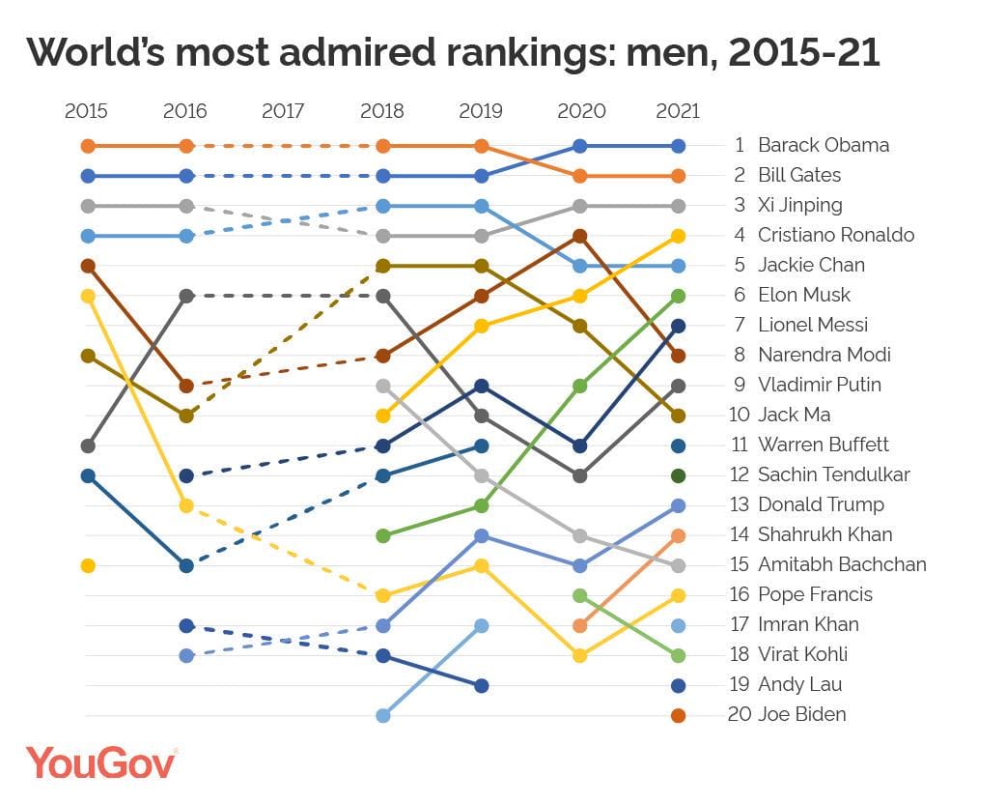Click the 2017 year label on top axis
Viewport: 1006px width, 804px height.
[x=283, y=111]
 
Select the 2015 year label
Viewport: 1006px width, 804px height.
[x=87, y=111]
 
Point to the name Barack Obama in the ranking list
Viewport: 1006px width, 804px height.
[x=823, y=145]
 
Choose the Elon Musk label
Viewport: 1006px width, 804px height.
[x=803, y=295]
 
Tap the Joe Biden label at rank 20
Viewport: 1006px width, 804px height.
[x=801, y=714]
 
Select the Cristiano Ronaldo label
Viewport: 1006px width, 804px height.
[x=835, y=235]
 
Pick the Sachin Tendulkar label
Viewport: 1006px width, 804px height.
[x=833, y=474]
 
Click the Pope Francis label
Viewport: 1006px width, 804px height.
[x=815, y=594]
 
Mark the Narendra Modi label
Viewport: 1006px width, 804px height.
[x=824, y=355]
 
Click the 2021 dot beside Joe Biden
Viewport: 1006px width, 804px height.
[x=678, y=715]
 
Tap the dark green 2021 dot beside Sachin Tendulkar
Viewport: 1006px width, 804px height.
[x=678, y=475]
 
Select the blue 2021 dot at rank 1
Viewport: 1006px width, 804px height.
[x=678, y=146]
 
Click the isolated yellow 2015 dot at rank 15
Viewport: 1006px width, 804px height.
[x=88, y=565]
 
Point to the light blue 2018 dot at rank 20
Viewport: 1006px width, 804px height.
[x=383, y=715]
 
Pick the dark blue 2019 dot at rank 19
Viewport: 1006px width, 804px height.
[x=482, y=685]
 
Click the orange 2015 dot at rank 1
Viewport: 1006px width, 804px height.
[x=88, y=146]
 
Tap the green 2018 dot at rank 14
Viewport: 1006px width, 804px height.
[x=383, y=535]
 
